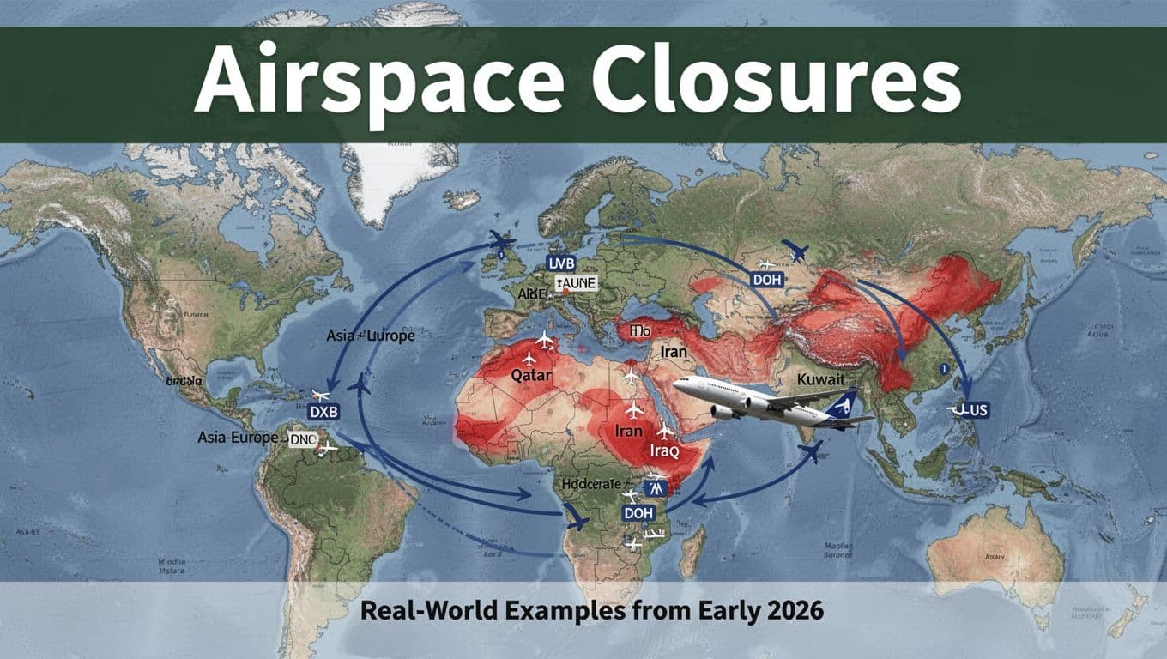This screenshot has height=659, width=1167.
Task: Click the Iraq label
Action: pyautogui.click(x=640, y=450)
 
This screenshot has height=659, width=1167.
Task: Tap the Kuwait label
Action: pyautogui.click(x=821, y=378)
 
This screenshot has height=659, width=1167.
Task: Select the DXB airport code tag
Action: pyautogui.click(x=324, y=412)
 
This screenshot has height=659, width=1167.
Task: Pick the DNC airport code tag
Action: pyautogui.click(x=304, y=439)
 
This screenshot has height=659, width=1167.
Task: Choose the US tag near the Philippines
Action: pyautogui.click(x=973, y=411)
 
